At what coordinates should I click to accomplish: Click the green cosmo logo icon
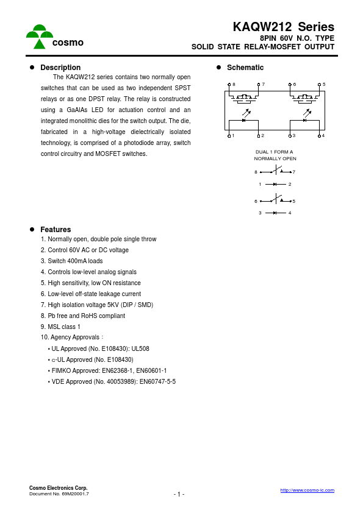tap(39, 37)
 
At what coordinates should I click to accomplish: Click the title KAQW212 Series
tap(283, 27)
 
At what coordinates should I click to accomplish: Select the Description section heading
tap(60, 68)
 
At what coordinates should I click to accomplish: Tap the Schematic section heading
tap(245, 68)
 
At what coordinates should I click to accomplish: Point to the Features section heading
tap(56, 230)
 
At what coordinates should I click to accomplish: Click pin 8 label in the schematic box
tap(234, 84)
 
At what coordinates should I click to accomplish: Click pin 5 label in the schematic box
tap(324, 84)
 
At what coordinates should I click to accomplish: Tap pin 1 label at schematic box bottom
tap(233, 135)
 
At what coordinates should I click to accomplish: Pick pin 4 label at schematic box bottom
tap(323, 135)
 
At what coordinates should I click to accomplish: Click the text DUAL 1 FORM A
tap(275, 152)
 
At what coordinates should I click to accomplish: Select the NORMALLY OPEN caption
tap(275, 158)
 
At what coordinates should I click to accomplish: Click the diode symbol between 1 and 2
tap(275, 184)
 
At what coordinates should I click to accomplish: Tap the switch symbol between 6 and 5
tap(276, 200)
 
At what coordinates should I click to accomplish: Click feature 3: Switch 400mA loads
tap(71, 261)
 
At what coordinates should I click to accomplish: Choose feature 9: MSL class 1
tap(60, 327)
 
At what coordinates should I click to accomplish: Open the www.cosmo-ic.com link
tap(307, 490)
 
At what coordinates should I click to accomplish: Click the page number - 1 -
tap(179, 494)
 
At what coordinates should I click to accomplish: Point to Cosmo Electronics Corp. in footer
tap(59, 488)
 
